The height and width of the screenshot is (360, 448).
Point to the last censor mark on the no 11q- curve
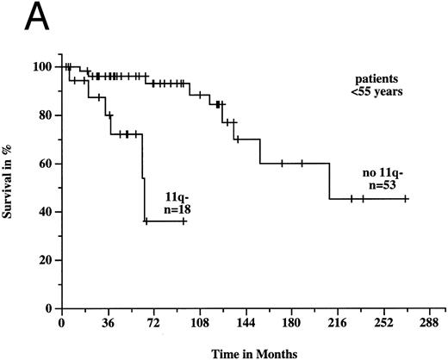pyautogui.click(x=406, y=198)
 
